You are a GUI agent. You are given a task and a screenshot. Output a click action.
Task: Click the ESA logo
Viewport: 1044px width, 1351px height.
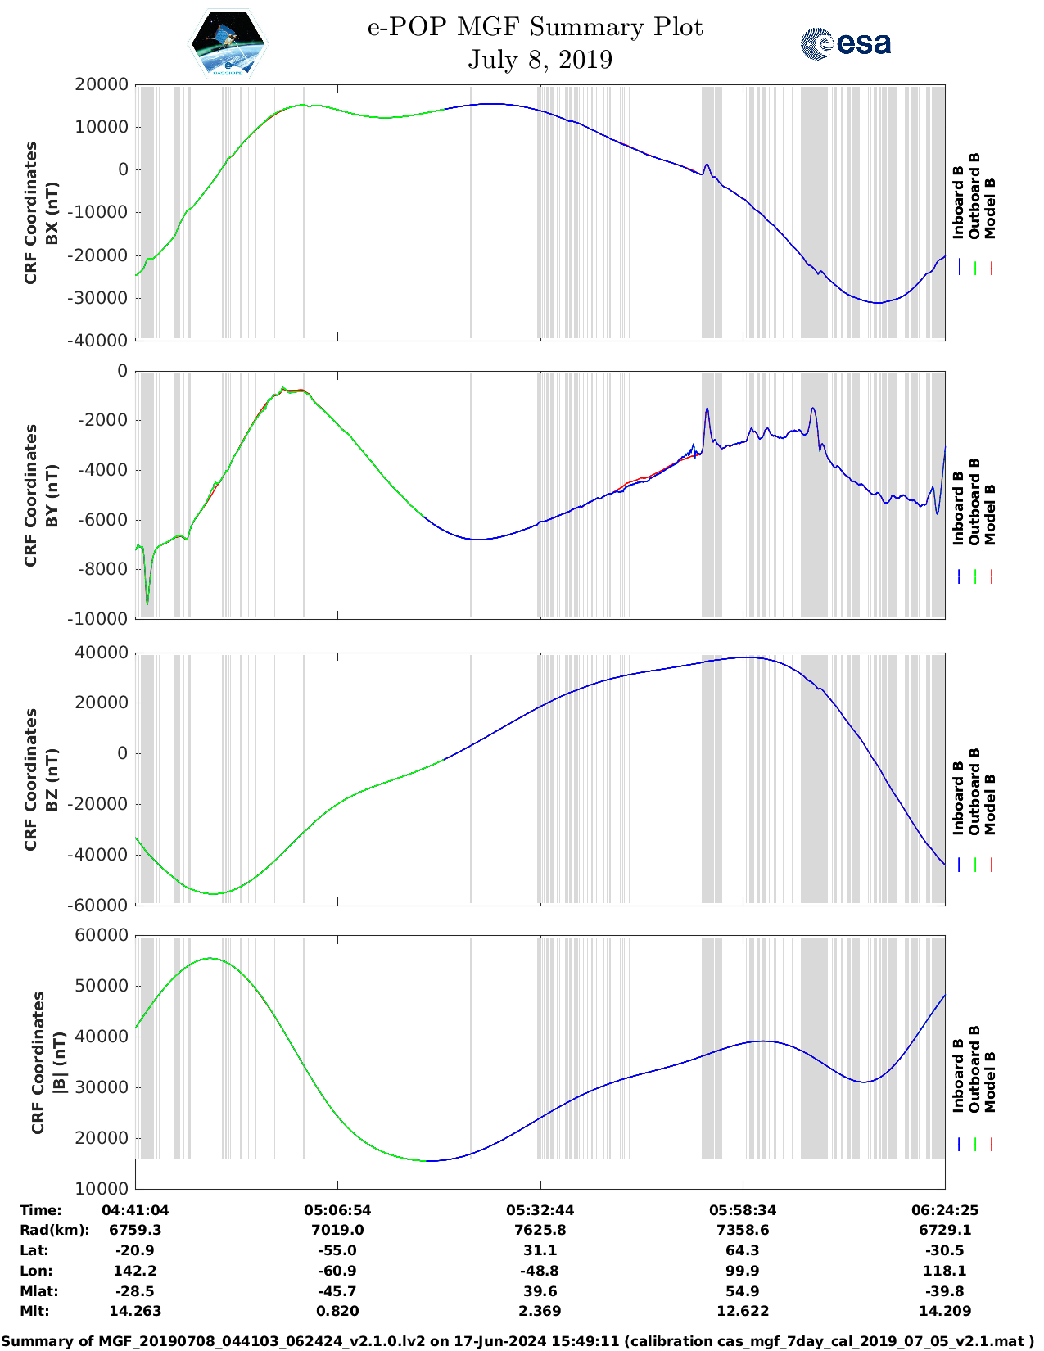(846, 43)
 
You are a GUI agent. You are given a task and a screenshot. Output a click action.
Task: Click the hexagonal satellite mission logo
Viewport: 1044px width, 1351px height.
(228, 43)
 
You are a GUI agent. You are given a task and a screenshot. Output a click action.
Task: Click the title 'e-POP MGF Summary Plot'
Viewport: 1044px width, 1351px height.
(535, 27)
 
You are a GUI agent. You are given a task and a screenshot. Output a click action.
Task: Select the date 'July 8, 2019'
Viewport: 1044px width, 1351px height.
(540, 60)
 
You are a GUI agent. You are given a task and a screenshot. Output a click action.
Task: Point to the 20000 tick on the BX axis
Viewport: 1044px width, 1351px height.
(102, 84)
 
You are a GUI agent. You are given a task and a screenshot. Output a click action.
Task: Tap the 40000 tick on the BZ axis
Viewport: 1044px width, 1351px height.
(102, 653)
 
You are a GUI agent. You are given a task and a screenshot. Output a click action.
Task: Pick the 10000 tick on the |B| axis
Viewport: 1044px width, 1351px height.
(102, 1188)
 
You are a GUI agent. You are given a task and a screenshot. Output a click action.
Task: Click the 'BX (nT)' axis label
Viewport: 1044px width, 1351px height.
(52, 213)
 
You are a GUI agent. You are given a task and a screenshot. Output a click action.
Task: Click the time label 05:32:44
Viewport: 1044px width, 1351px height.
(540, 1210)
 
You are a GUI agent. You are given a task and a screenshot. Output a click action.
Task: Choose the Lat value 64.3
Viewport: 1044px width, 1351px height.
(743, 1250)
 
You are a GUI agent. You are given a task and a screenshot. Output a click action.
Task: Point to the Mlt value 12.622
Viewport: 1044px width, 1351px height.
(743, 1311)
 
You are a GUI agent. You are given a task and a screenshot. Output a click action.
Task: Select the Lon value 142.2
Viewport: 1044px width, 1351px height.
(135, 1271)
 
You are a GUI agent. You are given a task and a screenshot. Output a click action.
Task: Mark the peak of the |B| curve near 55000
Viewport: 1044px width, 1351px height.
(210, 958)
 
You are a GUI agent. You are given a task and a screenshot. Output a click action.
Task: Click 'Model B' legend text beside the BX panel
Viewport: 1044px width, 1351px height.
(990, 208)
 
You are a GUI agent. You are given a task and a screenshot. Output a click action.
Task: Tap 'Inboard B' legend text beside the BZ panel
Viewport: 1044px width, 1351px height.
(959, 798)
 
